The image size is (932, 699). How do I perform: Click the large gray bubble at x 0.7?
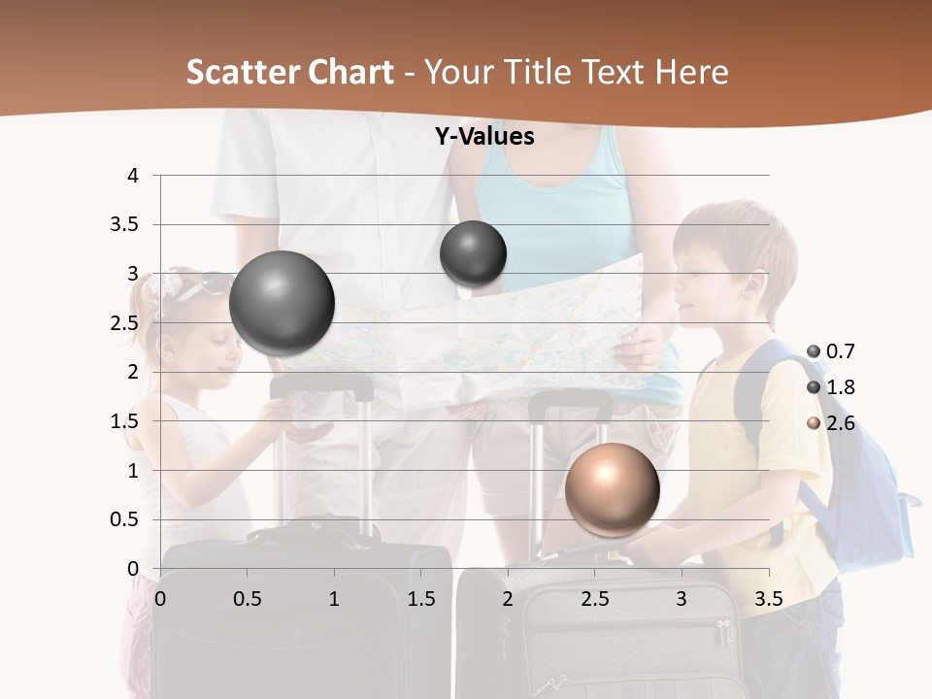coord(283,303)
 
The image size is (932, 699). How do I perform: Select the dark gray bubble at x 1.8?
coord(474,253)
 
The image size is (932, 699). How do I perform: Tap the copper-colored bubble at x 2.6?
coord(613,489)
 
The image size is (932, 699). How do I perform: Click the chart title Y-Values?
coord(483,137)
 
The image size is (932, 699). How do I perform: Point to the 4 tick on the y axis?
coord(133,176)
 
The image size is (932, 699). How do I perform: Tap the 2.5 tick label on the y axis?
coord(125,323)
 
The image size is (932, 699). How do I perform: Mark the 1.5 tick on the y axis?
coord(125,421)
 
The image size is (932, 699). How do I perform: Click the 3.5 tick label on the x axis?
coord(768,599)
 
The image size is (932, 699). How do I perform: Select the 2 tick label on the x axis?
coord(508,599)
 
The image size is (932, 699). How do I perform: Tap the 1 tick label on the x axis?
coord(334,599)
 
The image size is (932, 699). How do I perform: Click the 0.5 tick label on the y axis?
coord(125,519)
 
